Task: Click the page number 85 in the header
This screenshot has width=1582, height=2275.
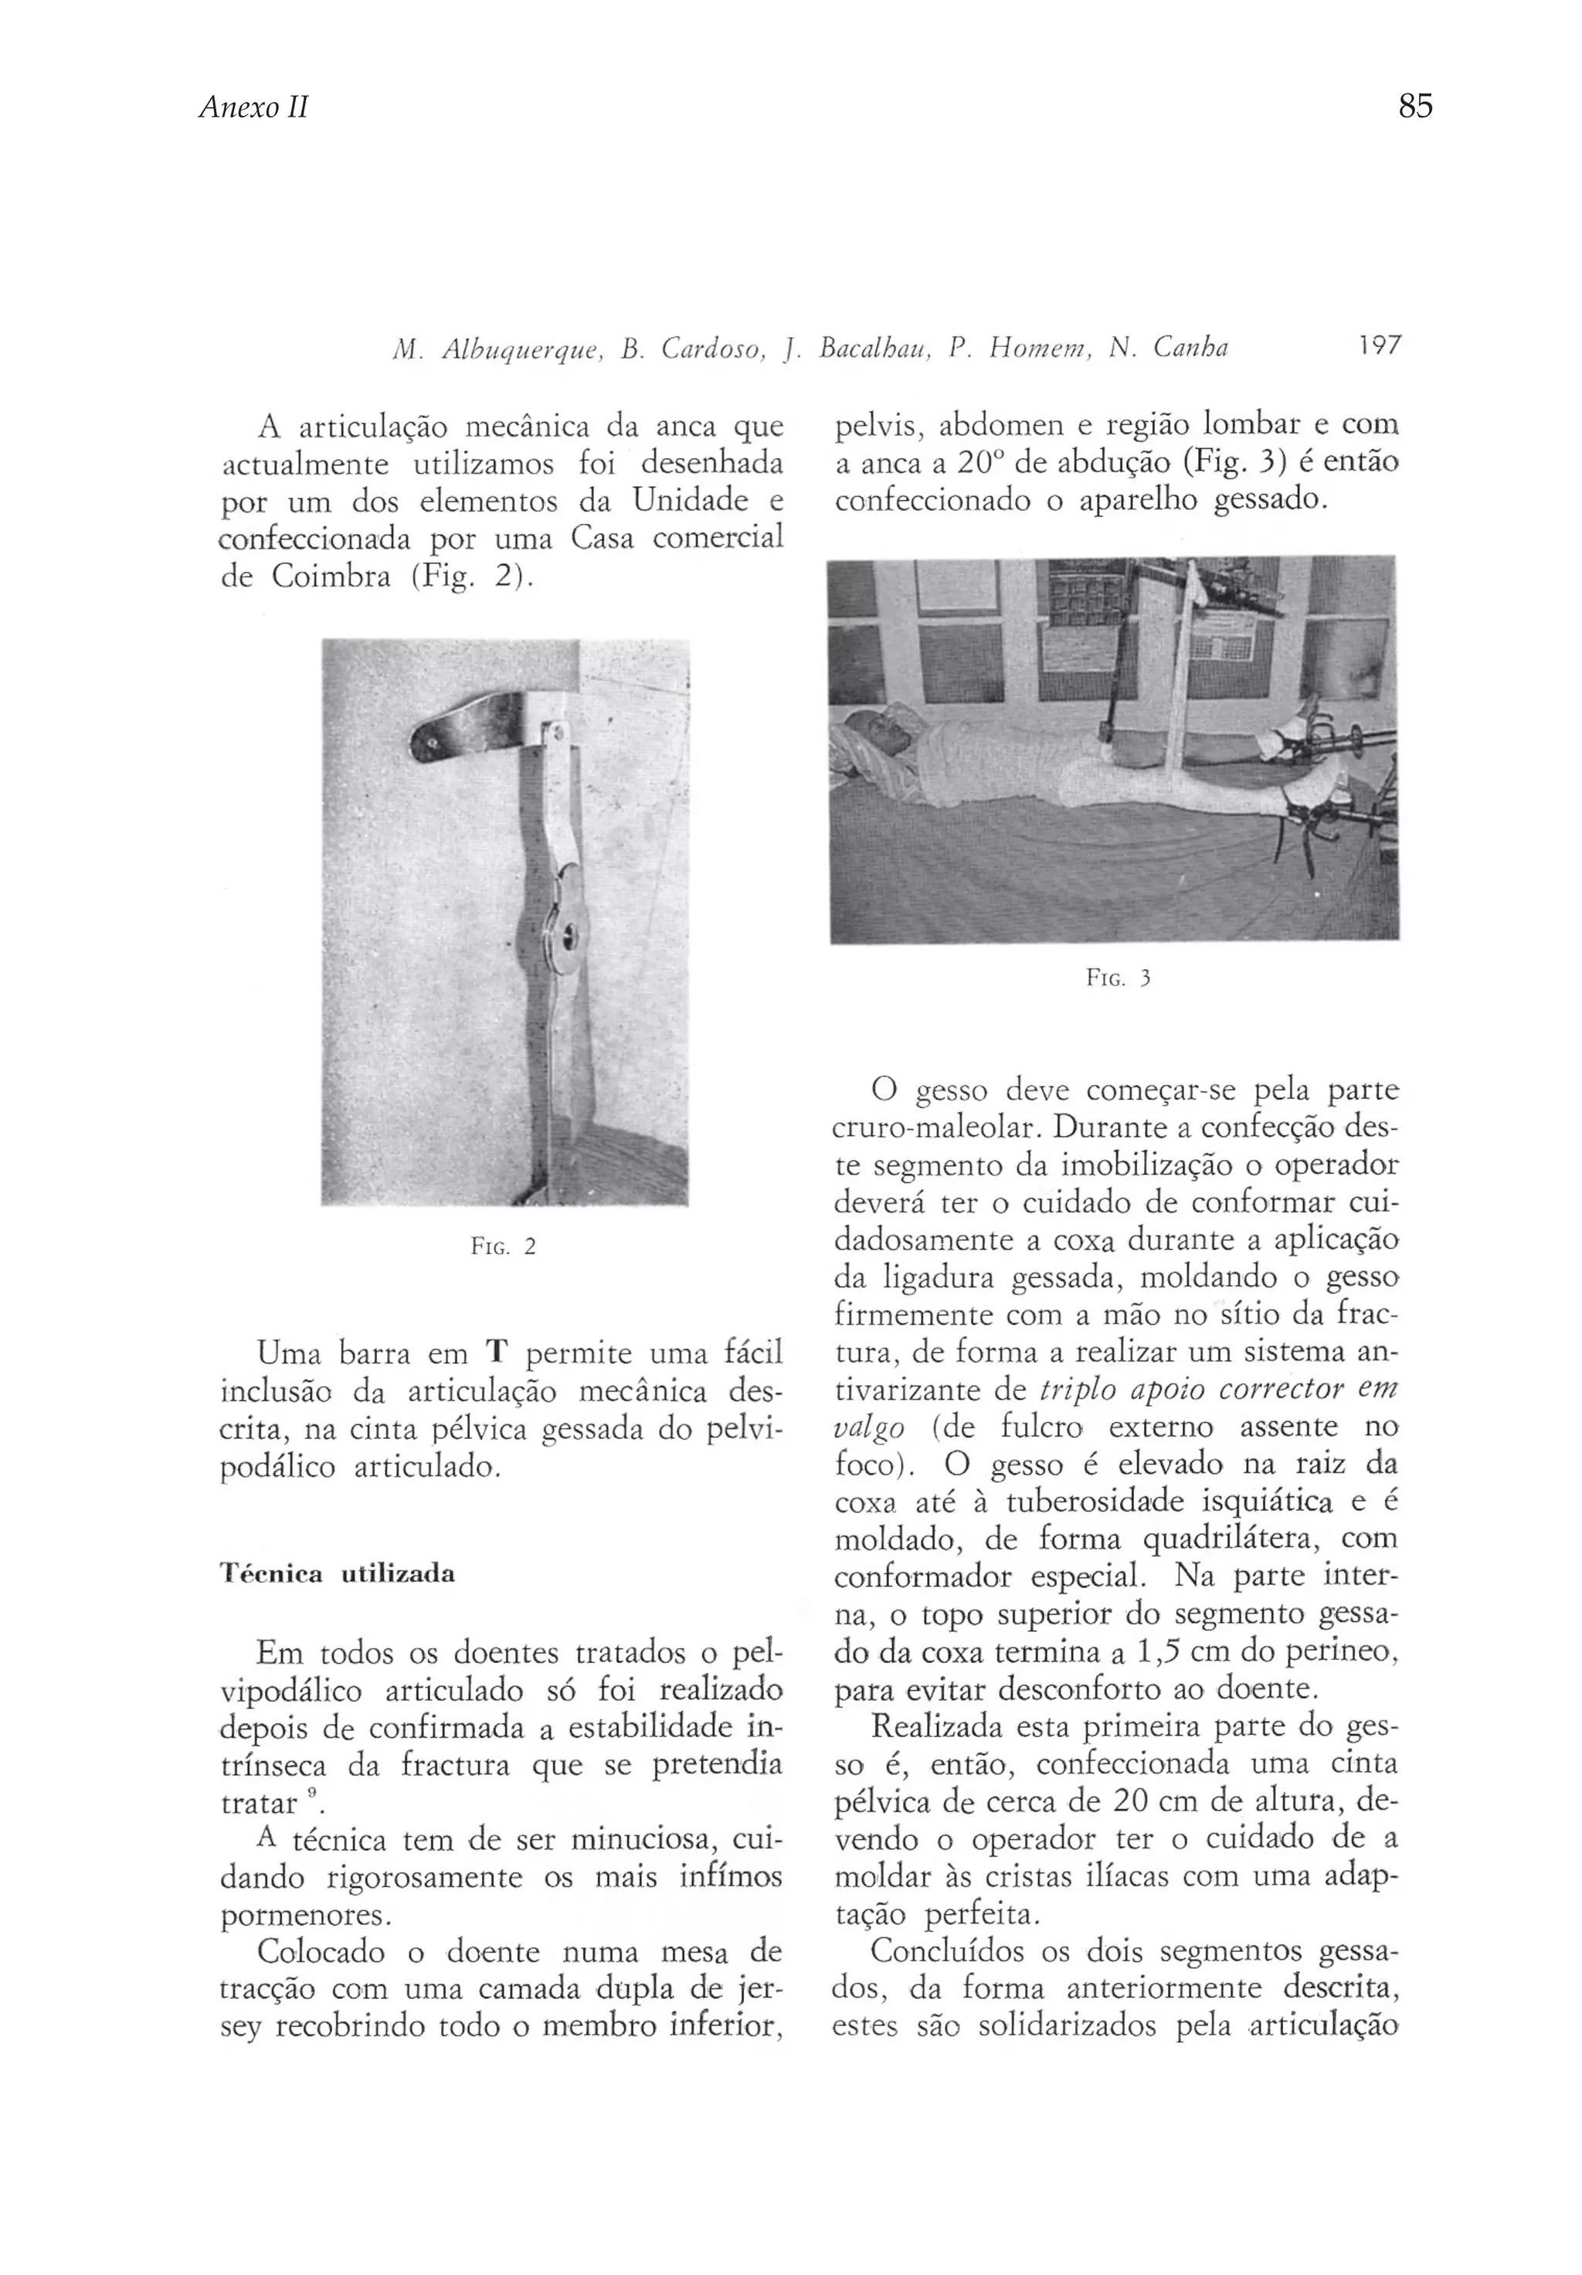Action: point(1414,105)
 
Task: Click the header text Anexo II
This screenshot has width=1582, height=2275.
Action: point(253,107)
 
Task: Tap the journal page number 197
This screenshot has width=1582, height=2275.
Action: point(1379,345)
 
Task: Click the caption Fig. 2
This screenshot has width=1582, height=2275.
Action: point(503,1246)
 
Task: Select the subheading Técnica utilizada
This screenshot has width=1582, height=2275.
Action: point(338,1573)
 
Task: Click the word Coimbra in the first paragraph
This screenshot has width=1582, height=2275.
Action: point(330,576)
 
